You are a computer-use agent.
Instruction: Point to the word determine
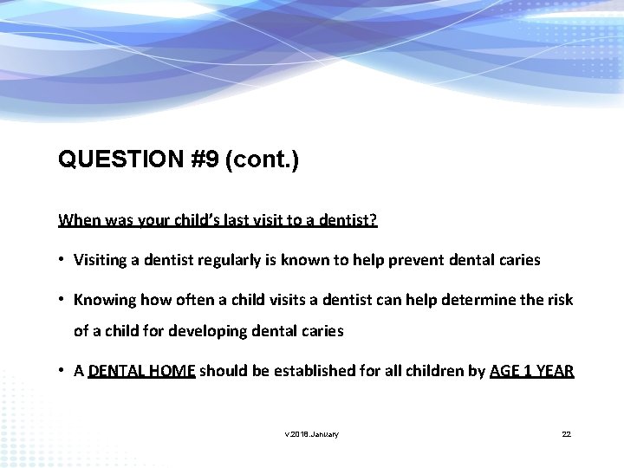pyautogui.click(x=468, y=300)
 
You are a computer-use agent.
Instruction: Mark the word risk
pyautogui.click(x=558, y=300)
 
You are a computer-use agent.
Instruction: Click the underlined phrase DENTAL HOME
pyautogui.click(x=143, y=371)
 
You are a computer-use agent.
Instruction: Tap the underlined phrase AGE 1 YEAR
pyautogui.click(x=531, y=371)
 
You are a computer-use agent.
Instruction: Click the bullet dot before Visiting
pyautogui.click(x=63, y=259)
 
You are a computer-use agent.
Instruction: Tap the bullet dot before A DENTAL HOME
pyautogui.click(x=63, y=371)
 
